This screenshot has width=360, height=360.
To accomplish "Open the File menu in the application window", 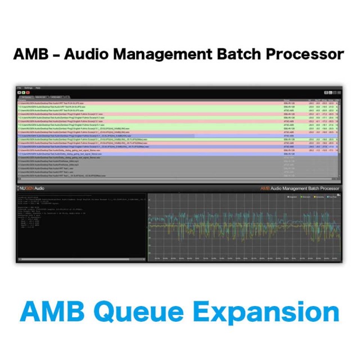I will pos(19,88).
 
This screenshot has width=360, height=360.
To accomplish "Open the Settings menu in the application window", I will pos(28,88).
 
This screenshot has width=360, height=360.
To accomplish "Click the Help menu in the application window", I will pos(38,88).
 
